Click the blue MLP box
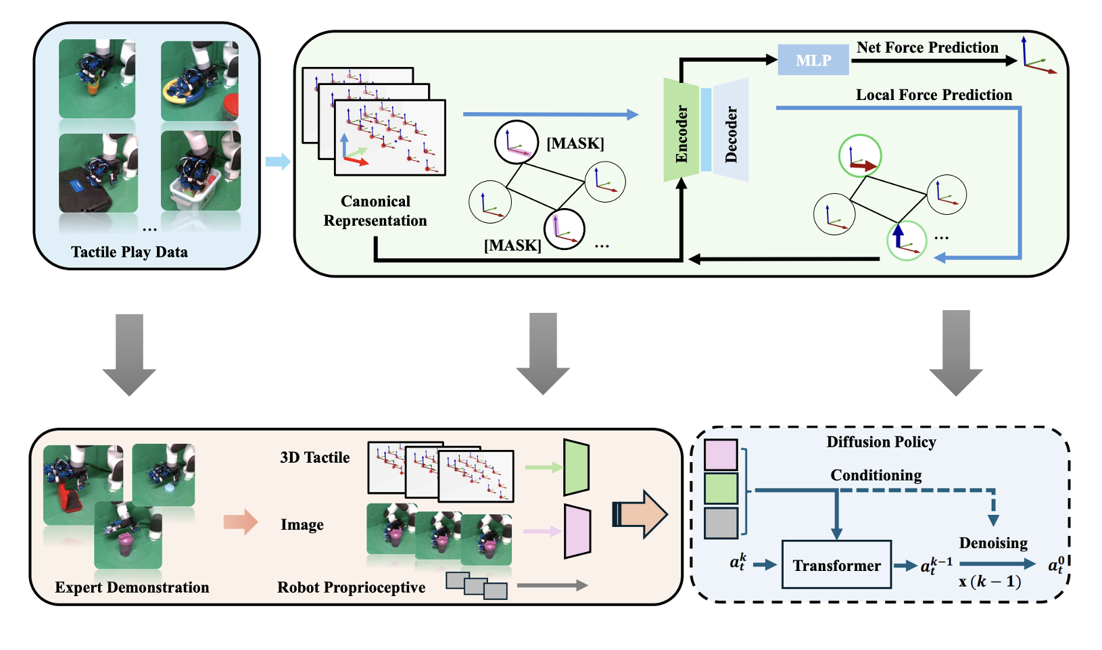point(813,60)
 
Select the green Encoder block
point(681,130)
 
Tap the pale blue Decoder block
point(731,130)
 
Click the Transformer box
point(836,566)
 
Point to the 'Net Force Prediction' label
point(927,47)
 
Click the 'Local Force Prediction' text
point(934,95)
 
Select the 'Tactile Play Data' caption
point(129,252)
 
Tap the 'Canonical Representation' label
point(375,211)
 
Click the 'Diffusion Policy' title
point(881,442)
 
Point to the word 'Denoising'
point(992,543)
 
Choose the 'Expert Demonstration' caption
point(132,587)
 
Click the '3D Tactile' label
point(315,457)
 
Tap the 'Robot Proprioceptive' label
point(351,587)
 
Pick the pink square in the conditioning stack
point(721,455)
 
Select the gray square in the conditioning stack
point(721,523)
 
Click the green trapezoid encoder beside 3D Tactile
point(576,467)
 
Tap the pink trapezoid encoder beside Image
point(577,531)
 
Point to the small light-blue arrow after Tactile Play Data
point(277,161)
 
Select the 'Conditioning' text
point(876,475)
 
